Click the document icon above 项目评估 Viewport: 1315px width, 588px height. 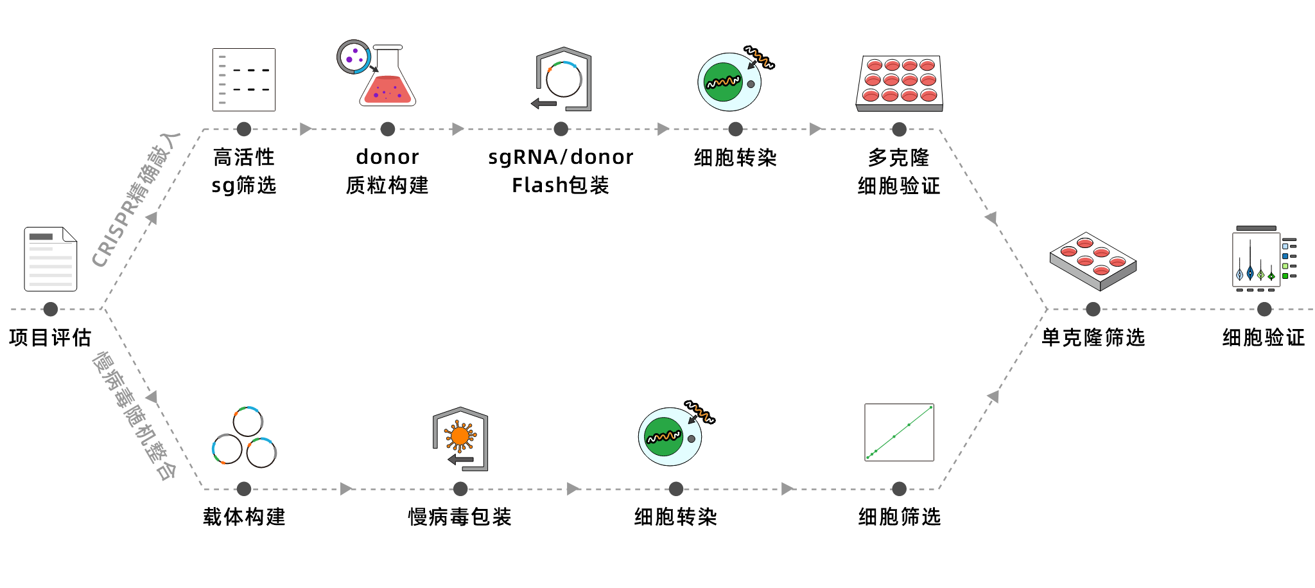[x=51, y=259]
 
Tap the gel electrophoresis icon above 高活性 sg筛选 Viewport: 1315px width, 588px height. [x=244, y=80]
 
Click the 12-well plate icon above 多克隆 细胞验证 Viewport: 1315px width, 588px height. [x=900, y=83]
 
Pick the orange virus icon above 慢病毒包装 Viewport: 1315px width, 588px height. [x=460, y=437]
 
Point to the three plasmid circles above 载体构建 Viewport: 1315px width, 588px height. [x=244, y=437]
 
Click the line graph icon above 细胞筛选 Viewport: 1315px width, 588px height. [x=899, y=432]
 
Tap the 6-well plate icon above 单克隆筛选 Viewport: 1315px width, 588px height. [x=1093, y=260]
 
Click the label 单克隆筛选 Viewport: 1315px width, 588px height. [x=1093, y=337]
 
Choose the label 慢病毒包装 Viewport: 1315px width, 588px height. [x=460, y=517]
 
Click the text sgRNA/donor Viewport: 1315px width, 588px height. [x=561, y=157]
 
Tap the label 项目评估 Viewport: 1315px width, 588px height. [x=50, y=337]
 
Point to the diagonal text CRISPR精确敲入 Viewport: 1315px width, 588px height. [x=136, y=199]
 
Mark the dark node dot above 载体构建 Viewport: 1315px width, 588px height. [x=244, y=489]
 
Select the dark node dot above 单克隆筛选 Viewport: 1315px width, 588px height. [x=1093, y=309]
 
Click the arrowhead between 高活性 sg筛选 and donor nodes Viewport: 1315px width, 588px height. [x=306, y=129]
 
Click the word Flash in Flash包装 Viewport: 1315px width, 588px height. [x=539, y=186]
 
